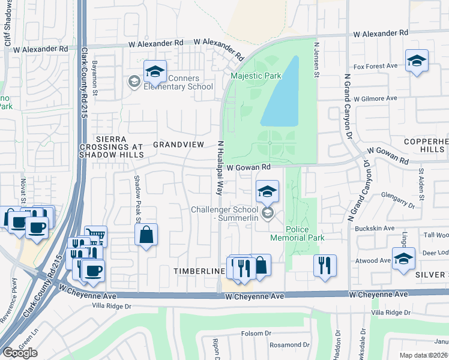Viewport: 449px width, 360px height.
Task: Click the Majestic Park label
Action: pyautogui.click(x=256, y=76)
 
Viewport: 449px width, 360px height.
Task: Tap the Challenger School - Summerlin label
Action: pyautogui.click(x=223, y=214)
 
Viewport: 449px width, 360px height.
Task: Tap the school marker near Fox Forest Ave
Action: pyautogui.click(x=417, y=60)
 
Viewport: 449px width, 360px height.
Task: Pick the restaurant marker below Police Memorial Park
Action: pyautogui.click(x=325, y=265)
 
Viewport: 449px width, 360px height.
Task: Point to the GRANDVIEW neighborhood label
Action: pyautogui.click(x=179, y=145)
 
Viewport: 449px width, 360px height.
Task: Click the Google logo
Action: pyautogui.click(x=20, y=352)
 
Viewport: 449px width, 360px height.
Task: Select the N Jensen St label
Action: pyautogui.click(x=316, y=58)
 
